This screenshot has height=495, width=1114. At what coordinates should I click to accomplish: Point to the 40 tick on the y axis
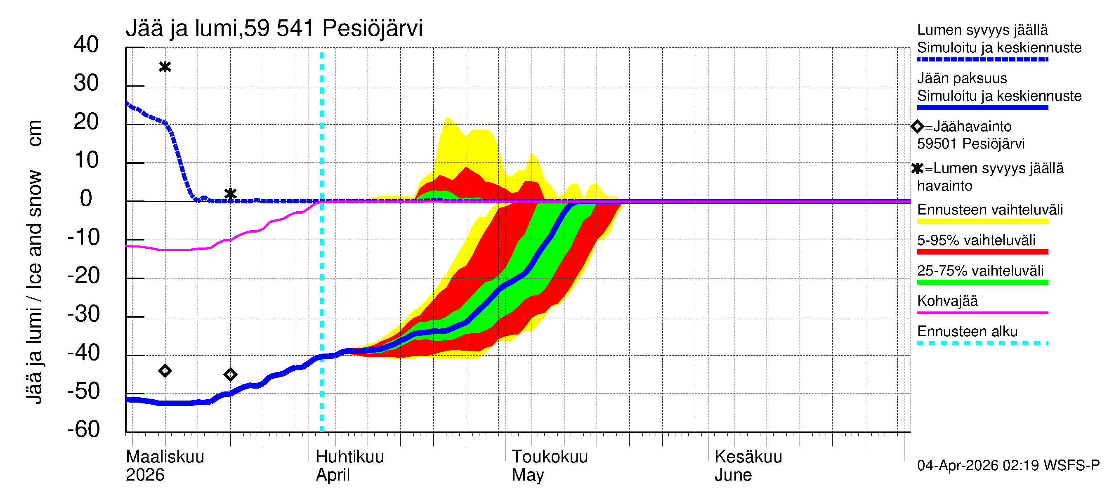(86, 45)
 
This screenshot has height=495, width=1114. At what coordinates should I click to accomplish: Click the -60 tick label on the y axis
(83, 429)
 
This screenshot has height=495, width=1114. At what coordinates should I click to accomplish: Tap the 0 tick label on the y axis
(86, 198)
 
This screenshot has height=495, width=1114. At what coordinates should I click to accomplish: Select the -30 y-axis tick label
(83, 314)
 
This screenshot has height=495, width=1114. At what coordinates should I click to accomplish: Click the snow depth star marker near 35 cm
(165, 67)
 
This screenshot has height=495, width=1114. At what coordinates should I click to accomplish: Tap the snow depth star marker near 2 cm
(231, 194)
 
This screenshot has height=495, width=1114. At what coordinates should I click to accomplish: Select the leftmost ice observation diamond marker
(165, 370)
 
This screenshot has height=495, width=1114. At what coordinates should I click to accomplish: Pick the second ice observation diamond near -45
(231, 375)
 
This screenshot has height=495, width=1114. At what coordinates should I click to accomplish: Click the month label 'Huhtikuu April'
(349, 466)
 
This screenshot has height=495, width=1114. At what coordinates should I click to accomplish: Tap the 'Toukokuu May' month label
(549, 466)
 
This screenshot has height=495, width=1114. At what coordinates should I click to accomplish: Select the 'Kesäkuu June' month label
(748, 466)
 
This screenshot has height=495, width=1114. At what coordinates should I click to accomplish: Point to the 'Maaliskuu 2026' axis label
(165, 466)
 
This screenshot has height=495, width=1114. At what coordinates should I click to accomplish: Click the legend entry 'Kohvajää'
(947, 301)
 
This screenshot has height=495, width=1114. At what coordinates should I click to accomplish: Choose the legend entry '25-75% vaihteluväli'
(980, 271)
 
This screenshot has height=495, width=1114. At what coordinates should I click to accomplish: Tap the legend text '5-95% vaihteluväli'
(976, 240)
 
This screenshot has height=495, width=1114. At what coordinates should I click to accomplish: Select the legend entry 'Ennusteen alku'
(968, 332)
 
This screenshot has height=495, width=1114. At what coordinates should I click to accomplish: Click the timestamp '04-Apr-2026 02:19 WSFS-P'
(1008, 466)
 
